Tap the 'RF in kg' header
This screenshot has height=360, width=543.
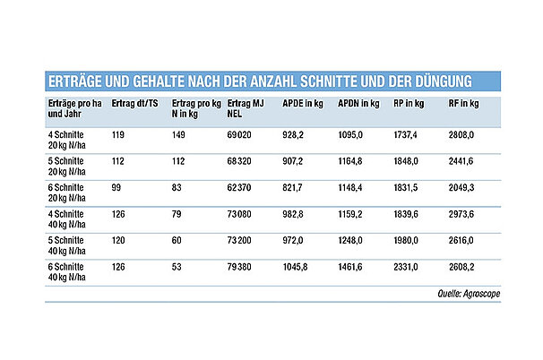click(x=461, y=105)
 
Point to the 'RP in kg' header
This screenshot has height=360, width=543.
click(x=409, y=105)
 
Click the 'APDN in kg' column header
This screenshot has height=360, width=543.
click(x=357, y=105)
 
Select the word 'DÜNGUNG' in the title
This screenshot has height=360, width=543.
click(x=461, y=82)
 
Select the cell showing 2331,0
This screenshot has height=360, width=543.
click(x=406, y=268)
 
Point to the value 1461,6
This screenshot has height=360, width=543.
click(x=352, y=268)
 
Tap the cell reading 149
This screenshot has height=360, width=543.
click(x=177, y=134)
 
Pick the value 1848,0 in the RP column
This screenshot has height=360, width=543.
click(x=406, y=161)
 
